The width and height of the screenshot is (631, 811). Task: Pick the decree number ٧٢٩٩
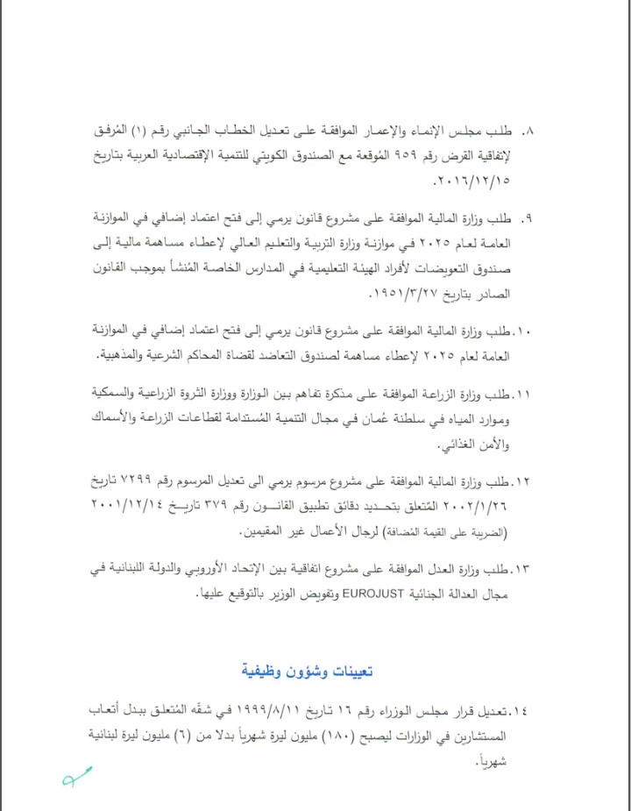(x=134, y=481)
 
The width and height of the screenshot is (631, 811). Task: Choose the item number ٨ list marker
(x=528, y=132)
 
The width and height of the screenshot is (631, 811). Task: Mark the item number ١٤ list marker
(x=524, y=708)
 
